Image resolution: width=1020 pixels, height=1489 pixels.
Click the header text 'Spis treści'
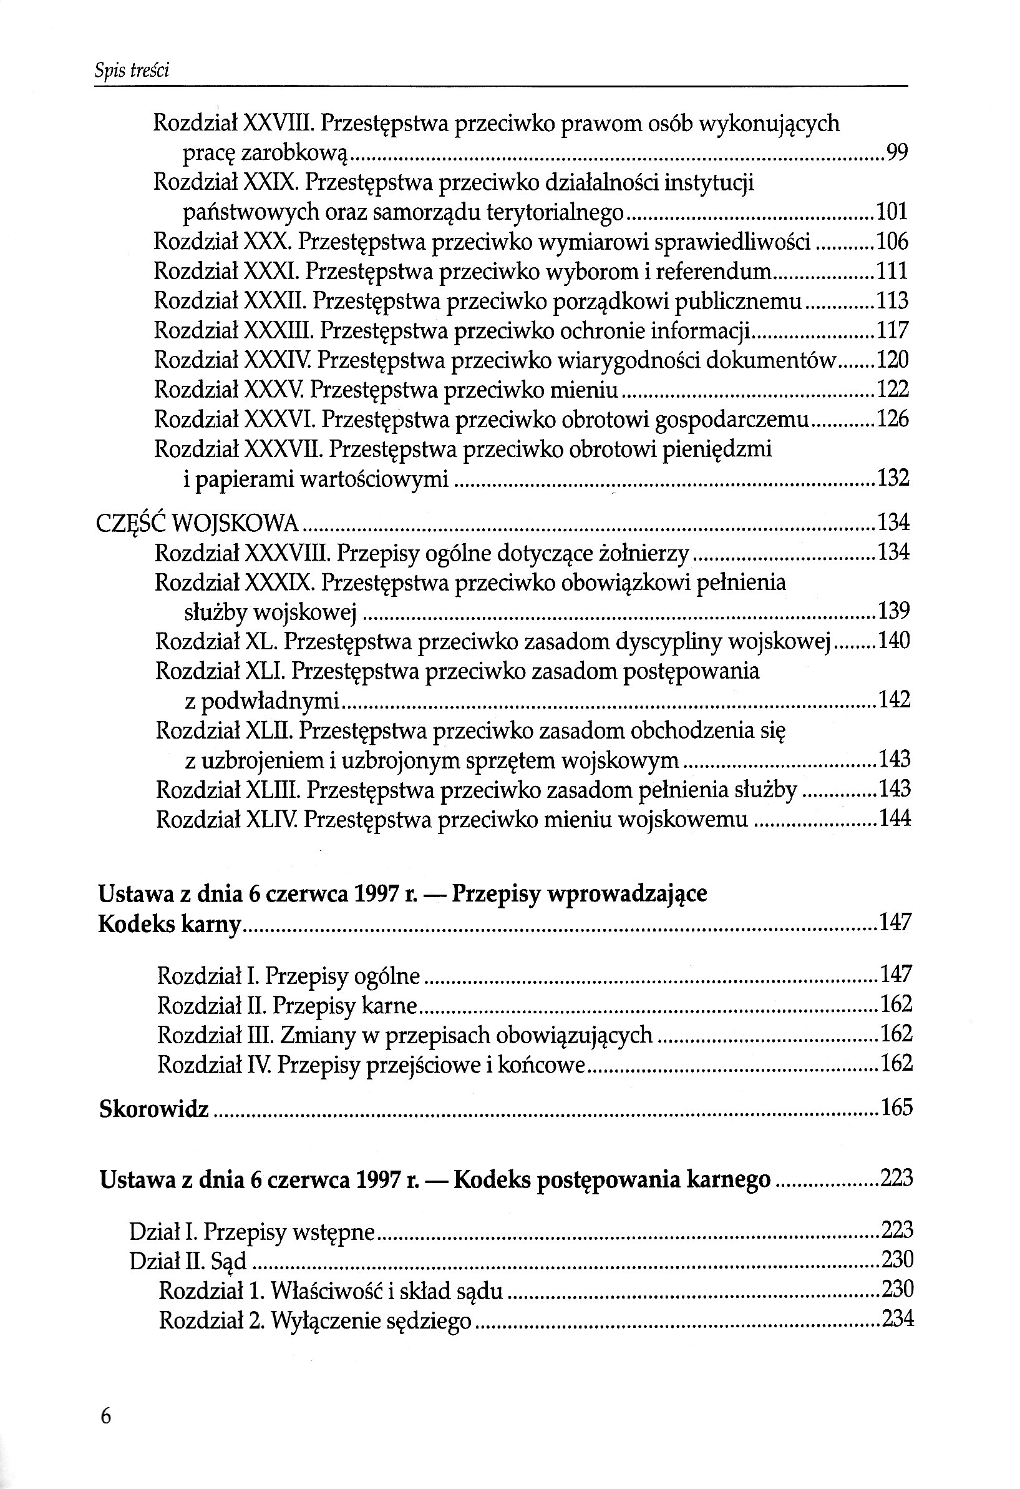[132, 71]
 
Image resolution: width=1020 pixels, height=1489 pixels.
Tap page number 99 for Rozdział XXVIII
[896, 152]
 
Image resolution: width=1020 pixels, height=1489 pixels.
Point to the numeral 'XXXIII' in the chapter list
[278, 330]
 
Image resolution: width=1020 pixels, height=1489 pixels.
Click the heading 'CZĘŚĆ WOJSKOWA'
[197, 524]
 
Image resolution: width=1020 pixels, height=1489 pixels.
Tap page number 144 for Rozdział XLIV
[895, 820]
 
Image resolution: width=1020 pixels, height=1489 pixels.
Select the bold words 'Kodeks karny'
[170, 924]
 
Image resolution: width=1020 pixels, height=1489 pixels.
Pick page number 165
[896, 1108]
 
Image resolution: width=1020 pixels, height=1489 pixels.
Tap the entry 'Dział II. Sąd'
[188, 1261]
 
